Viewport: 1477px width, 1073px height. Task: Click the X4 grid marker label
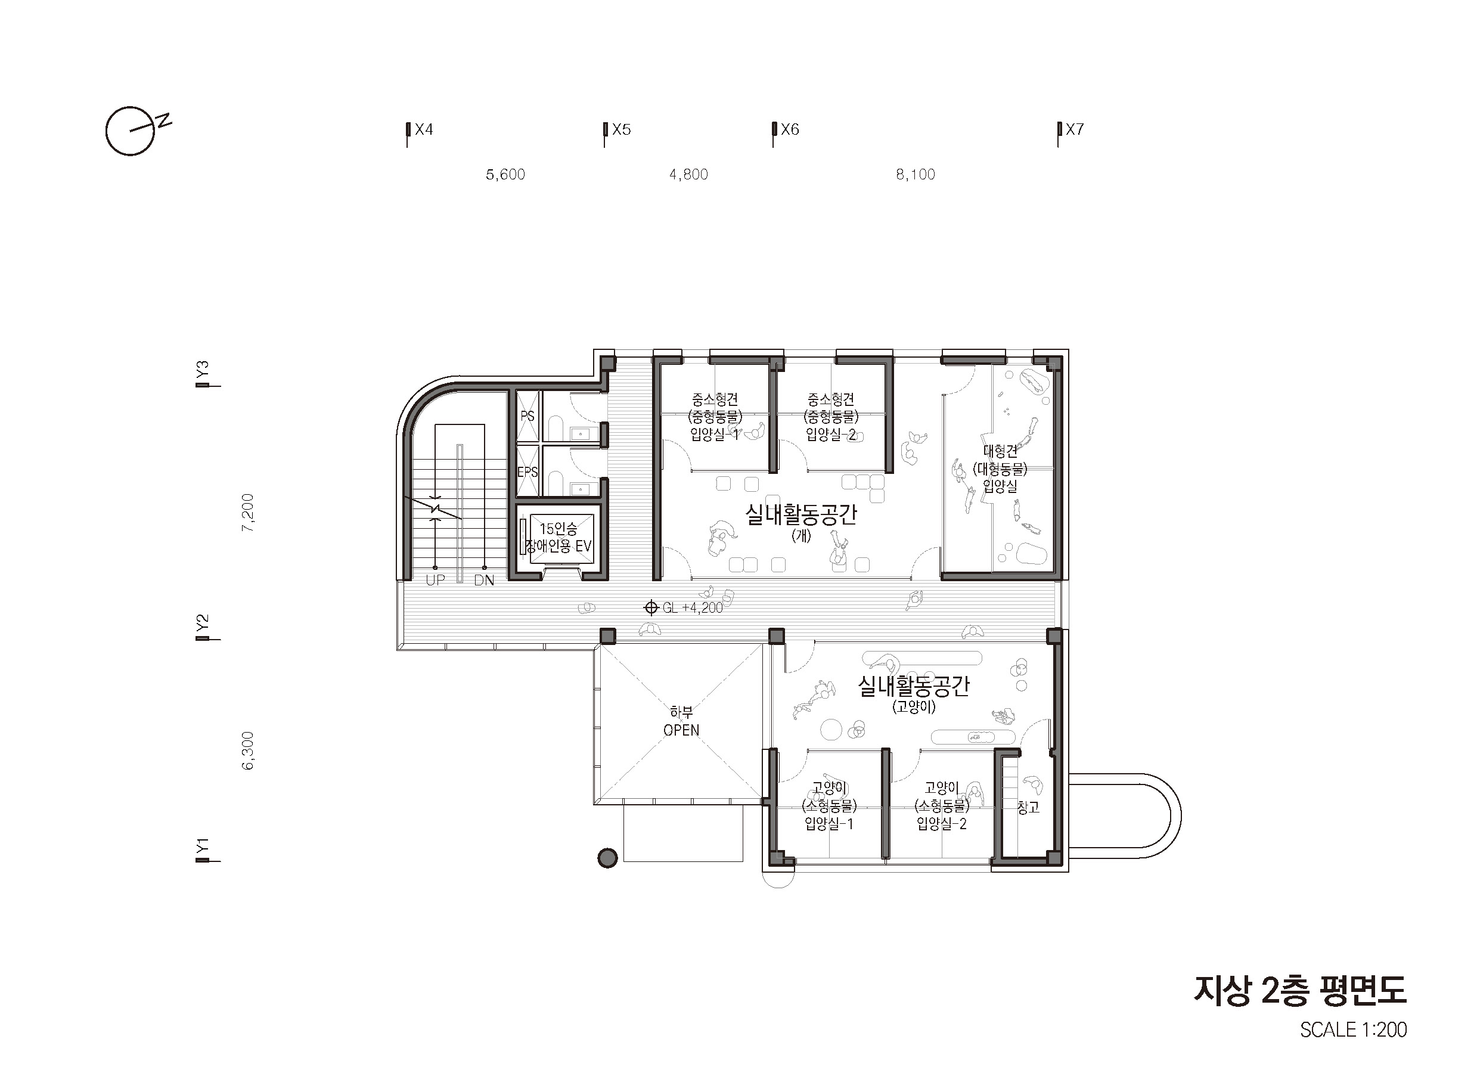pos(424,129)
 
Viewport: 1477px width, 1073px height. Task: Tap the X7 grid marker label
pos(1075,129)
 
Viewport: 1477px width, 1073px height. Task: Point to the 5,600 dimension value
pos(505,175)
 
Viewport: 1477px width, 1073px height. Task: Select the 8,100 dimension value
pos(916,175)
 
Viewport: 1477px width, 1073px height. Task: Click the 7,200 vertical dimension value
pos(248,513)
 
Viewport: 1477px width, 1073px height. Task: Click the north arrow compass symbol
pos(133,131)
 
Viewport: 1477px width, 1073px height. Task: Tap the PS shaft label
pos(527,415)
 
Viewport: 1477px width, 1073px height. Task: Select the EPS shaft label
pos(527,472)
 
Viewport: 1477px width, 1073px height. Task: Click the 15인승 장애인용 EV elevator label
pos(558,538)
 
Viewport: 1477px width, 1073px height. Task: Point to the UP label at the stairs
pos(435,580)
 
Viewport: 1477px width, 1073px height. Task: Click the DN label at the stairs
pos(484,580)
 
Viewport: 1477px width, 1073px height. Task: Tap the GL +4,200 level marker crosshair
pos(651,608)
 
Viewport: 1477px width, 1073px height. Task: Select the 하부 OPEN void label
pos(681,721)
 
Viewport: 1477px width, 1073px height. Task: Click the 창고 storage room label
pos(1028,808)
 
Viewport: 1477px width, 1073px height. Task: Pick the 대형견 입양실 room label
pos(1000,468)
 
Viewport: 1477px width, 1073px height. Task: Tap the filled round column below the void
pos(607,858)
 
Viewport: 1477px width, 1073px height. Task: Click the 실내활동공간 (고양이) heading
pos(914,694)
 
